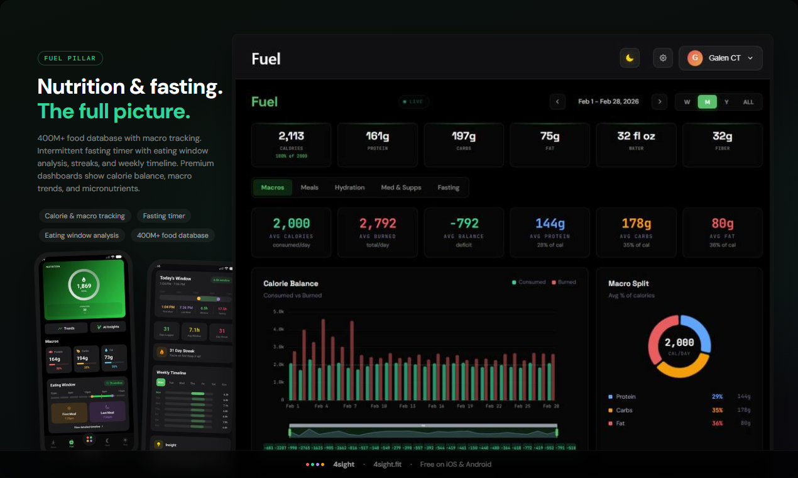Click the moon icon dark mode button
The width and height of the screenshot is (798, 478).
(x=630, y=58)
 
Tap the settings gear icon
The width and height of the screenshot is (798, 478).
(x=663, y=58)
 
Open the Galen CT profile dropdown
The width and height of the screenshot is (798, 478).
(x=720, y=58)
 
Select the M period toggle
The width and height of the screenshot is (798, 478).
(x=707, y=102)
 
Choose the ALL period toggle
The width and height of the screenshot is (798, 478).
(x=748, y=102)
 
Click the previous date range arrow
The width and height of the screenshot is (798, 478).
(x=557, y=102)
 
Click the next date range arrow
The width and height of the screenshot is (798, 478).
(x=659, y=102)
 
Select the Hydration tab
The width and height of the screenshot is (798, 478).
(x=349, y=187)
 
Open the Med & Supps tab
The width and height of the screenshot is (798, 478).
(x=401, y=187)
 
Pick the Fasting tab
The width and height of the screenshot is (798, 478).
(x=448, y=187)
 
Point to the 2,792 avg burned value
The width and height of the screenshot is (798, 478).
(x=378, y=223)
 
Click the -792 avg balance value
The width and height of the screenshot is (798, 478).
(x=464, y=223)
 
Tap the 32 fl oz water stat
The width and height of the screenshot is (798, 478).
(x=636, y=136)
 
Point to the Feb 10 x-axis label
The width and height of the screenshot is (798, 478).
(x=379, y=406)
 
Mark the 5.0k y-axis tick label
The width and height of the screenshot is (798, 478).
(x=278, y=311)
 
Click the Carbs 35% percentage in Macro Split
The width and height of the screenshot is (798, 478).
(x=717, y=410)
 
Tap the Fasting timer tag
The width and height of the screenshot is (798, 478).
(x=164, y=216)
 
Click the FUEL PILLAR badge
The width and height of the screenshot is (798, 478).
(x=70, y=58)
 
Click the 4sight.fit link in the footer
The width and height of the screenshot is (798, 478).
(x=388, y=464)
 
